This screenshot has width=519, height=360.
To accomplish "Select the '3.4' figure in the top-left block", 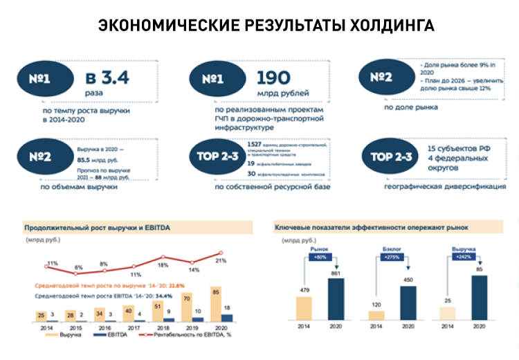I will pos(107,78).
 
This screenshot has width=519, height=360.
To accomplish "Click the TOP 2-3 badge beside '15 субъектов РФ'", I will pos(392,157).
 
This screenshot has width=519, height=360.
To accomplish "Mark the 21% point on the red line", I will pos(221,253).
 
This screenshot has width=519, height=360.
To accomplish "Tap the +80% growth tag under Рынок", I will pos(319,257).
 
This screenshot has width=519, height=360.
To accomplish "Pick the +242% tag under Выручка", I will pos(463,257).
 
